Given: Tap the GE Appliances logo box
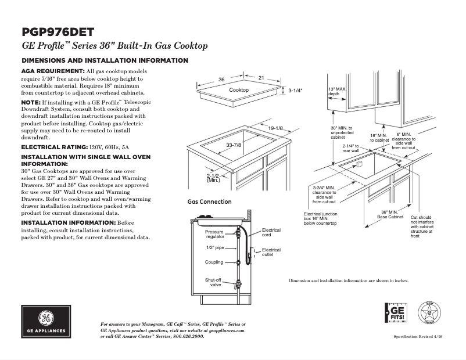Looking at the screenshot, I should coord(46,322).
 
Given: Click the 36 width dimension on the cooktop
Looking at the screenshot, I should coord(221,80).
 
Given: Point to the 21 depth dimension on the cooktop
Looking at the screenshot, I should coord(261,78).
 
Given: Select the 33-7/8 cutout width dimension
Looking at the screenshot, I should coord(234,145).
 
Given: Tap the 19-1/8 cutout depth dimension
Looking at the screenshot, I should coord(275,128).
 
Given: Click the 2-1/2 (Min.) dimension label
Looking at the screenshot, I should coord(213,178).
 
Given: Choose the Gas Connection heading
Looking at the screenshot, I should coord(209,202).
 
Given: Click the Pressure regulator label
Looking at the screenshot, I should coord(214,235).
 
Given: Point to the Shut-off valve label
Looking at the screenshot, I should coord(213,282).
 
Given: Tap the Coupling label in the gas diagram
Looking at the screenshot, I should coord(214,262).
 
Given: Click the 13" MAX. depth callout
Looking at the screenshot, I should coord(338,91).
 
